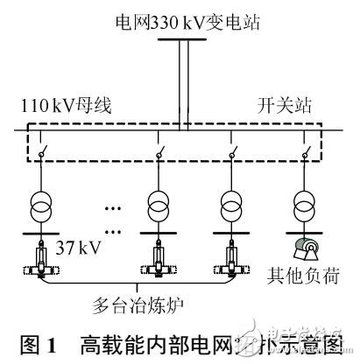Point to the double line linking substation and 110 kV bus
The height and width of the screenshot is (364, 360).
tap(182, 83)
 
